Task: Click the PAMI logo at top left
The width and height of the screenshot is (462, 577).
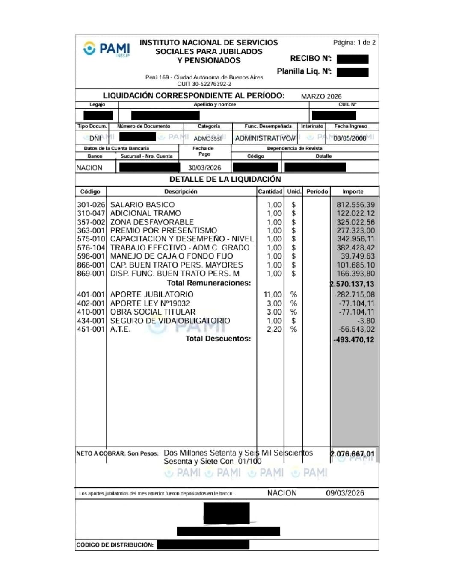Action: click(107, 49)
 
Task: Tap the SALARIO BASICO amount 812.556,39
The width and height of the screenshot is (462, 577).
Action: click(355, 205)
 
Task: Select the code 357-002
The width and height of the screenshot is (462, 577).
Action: click(91, 222)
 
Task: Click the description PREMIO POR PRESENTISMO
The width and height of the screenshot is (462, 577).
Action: click(163, 230)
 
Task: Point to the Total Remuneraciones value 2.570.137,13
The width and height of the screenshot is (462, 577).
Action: click(352, 284)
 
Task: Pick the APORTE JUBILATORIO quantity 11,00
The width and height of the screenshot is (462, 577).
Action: click(272, 294)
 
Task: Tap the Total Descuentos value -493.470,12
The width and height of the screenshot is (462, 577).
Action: click(354, 340)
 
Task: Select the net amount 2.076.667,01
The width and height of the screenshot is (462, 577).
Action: click(352, 454)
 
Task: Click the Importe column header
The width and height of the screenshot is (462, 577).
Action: click(353, 191)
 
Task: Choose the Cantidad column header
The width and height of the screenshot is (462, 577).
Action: click(270, 191)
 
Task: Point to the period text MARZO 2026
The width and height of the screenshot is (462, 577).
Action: click(321, 96)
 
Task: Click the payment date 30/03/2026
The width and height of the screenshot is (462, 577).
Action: click(204, 168)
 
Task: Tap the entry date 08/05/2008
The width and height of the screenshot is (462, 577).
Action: click(349, 138)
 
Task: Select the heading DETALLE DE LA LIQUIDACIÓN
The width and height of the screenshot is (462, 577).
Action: click(225, 179)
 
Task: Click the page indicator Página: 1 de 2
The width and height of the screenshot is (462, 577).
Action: click(354, 42)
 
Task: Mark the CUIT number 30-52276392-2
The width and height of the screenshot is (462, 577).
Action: click(204, 84)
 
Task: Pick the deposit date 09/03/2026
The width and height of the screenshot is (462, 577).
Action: click(345, 493)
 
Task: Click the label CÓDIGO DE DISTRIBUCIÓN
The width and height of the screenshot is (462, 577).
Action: click(115, 545)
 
